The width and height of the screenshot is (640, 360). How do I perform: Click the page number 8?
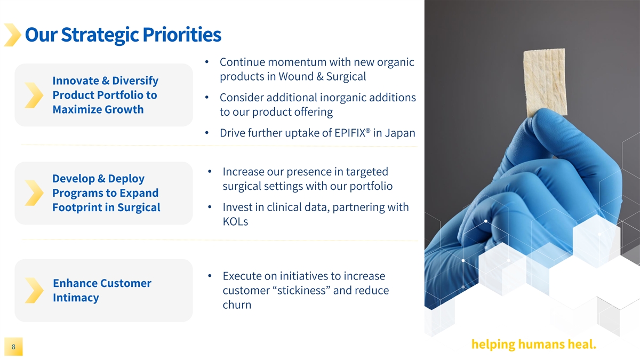coord(13,347)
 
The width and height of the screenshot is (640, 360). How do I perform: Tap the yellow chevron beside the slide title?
coord(12,35)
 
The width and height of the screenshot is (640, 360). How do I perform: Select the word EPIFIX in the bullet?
coord(350,133)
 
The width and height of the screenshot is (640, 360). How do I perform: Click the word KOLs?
coord(235,221)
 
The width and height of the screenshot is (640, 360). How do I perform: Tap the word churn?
coord(237,305)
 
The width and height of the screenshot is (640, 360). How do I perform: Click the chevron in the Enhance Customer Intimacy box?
coord(34,290)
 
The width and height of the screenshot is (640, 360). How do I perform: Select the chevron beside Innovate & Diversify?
coord(34,95)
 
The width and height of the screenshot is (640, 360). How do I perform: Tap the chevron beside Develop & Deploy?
coord(34,193)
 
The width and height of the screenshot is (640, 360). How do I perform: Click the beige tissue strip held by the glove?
coord(545,82)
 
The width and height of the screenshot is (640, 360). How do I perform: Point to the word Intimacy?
coord(76,298)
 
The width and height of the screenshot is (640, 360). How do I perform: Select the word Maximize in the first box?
coord(77,110)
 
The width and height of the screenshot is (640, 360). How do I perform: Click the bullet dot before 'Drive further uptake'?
coord(207,133)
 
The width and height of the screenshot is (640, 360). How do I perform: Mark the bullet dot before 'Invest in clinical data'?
coord(210,207)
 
